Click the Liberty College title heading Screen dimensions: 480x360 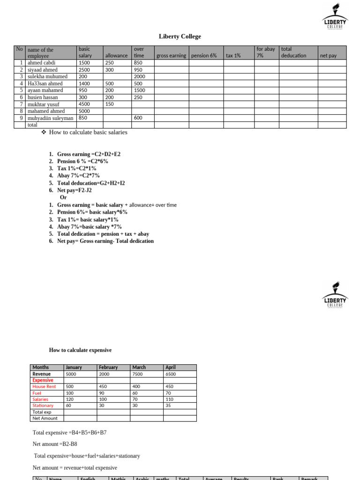pyautogui.click(x=180, y=37)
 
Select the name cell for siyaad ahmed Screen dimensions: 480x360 pyautogui.click(x=43, y=69)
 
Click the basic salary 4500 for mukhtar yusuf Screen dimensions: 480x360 pyautogui.click(x=84, y=104)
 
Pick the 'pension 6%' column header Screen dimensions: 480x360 pyautogui.click(x=204, y=55)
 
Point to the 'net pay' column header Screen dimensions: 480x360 pyautogui.click(x=328, y=55)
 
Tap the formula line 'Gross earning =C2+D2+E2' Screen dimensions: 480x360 pyautogui.click(x=89, y=154)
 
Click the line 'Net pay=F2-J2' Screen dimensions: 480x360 pyautogui.click(x=75, y=190)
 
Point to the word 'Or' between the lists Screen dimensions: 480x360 pyautogui.click(x=63, y=197)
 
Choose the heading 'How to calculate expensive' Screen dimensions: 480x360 pyautogui.click(x=80, y=350)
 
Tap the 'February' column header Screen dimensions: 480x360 pyautogui.click(x=108, y=367)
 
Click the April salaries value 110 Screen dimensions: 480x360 pyautogui.click(x=169, y=399)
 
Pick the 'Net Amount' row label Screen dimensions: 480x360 pyautogui.click(x=45, y=418)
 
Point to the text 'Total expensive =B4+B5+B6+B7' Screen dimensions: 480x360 pyautogui.click(x=69, y=433)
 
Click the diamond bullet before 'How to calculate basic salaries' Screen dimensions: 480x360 pyautogui.click(x=44, y=132)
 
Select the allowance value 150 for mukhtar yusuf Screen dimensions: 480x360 pyautogui.click(x=109, y=104)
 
